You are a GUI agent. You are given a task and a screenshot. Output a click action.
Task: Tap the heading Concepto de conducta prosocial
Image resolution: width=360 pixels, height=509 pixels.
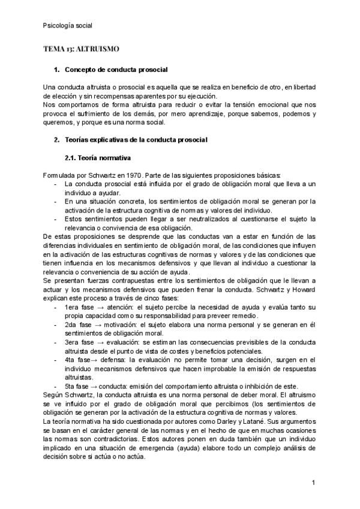[x=115, y=70]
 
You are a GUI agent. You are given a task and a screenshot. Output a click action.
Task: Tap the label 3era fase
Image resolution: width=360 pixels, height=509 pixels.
[x=79, y=342]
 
